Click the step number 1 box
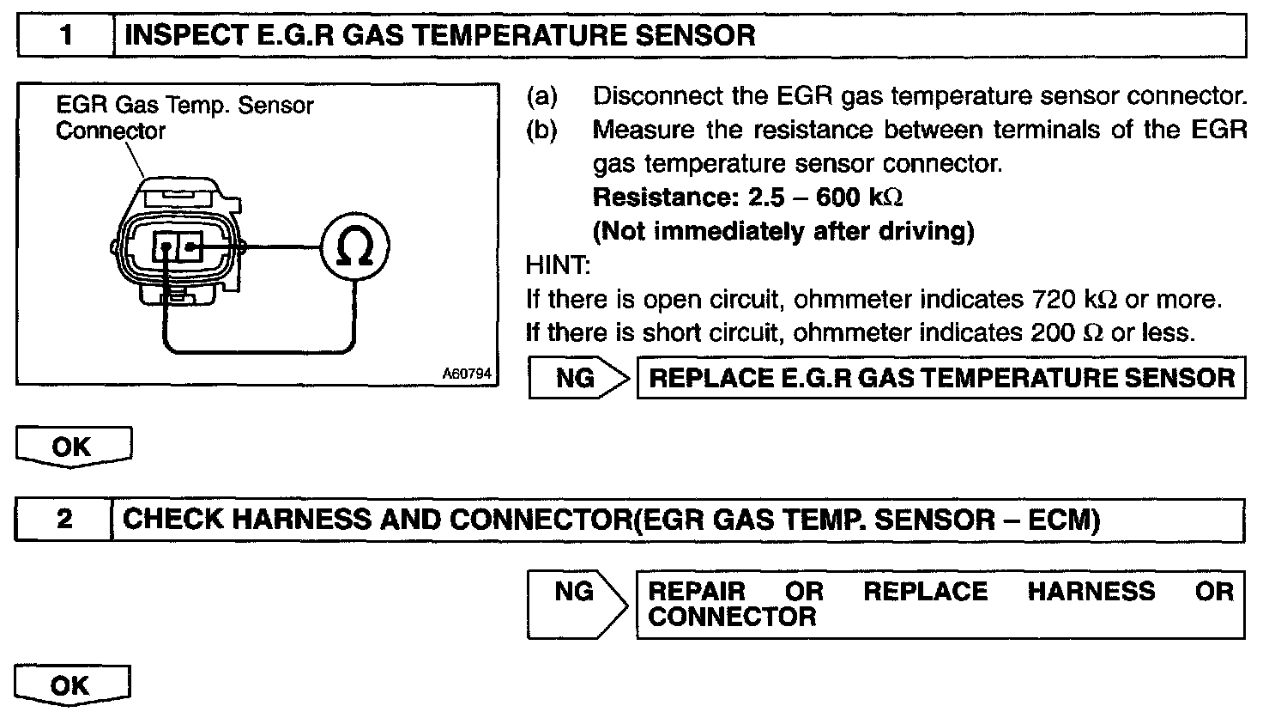click(x=65, y=36)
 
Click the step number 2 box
click(x=63, y=520)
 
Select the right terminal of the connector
click(x=190, y=249)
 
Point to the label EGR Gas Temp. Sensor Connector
click(x=184, y=119)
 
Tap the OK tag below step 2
click(x=72, y=685)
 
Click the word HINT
click(x=558, y=266)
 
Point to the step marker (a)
click(x=541, y=97)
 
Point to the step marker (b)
click(x=541, y=131)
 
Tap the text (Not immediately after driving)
click(x=783, y=232)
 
